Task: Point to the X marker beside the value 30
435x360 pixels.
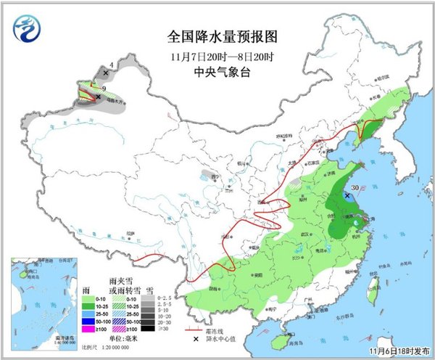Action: (344, 195)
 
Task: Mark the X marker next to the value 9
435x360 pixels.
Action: (99, 97)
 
